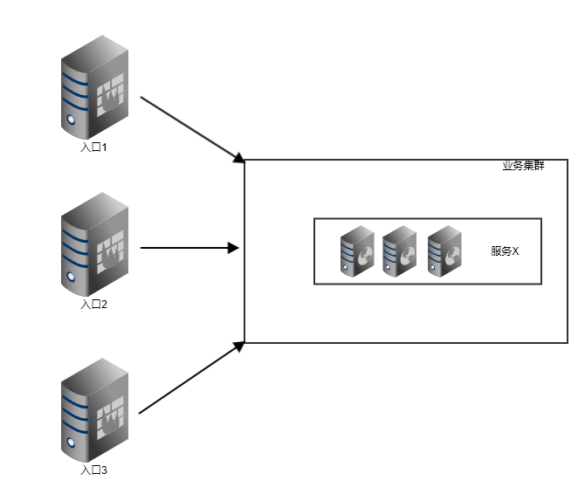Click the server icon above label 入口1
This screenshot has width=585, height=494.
94,86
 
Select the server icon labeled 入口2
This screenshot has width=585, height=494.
94,245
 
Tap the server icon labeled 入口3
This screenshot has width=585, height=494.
94,410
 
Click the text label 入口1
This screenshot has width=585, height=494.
93,148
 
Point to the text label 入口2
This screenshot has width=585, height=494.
93,305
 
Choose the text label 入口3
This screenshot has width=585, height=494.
93,470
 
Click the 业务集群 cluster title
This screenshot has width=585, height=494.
523,166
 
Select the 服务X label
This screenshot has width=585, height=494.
505,251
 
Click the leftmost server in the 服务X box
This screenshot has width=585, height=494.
357,251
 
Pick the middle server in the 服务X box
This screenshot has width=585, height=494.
399,251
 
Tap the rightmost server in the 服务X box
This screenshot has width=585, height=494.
444,251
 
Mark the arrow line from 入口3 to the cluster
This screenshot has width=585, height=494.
188,378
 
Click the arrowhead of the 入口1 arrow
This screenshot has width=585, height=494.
238,158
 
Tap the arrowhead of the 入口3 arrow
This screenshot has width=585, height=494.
238,346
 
